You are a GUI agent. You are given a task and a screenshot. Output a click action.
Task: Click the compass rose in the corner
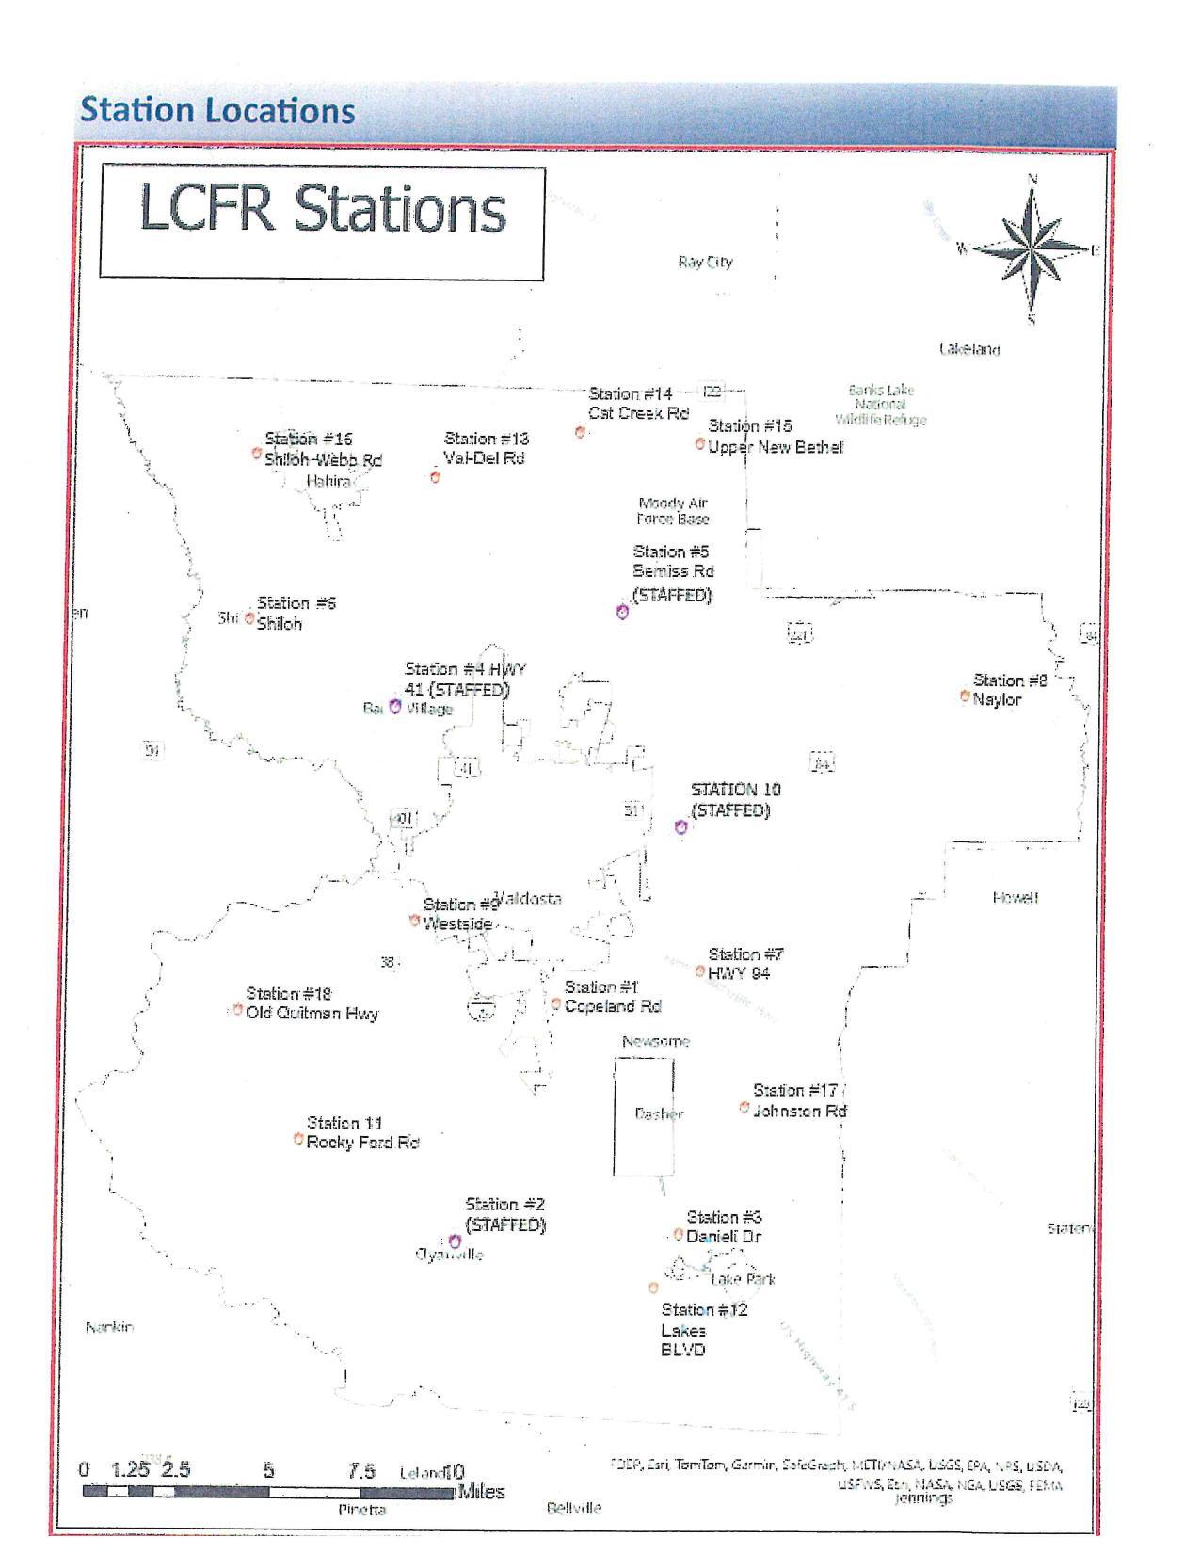(1032, 249)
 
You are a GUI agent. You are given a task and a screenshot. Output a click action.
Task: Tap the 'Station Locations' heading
(217, 110)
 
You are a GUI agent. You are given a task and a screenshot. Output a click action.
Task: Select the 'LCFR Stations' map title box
(322, 222)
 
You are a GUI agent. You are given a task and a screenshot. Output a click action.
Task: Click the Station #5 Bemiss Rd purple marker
(622, 612)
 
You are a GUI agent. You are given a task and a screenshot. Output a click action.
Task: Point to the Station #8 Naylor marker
(965, 696)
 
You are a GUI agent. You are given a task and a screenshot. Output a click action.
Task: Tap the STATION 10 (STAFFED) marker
(681, 826)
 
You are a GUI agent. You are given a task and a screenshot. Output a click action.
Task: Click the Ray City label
(705, 262)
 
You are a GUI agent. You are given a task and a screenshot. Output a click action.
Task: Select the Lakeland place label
(969, 349)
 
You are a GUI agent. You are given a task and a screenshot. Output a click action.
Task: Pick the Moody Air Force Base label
(673, 511)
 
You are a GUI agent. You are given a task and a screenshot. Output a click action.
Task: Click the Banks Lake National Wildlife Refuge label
(881, 405)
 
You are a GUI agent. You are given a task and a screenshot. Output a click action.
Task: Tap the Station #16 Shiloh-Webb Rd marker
(256, 453)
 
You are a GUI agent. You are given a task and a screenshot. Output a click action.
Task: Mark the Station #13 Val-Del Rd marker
(435, 477)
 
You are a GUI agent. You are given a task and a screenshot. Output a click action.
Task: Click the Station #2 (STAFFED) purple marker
(455, 1242)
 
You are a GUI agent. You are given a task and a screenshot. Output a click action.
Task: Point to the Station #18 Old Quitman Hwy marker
(237, 1010)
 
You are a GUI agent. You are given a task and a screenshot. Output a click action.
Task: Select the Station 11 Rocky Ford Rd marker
(298, 1139)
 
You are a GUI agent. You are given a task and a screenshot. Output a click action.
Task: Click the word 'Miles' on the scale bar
(481, 1492)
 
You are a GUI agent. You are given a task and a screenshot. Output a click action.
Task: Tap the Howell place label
(1015, 898)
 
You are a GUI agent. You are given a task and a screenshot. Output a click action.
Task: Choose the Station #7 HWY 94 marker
(699, 970)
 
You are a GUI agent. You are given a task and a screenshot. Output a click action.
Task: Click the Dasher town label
(659, 1113)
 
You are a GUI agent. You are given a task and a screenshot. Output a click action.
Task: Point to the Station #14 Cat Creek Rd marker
(581, 431)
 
